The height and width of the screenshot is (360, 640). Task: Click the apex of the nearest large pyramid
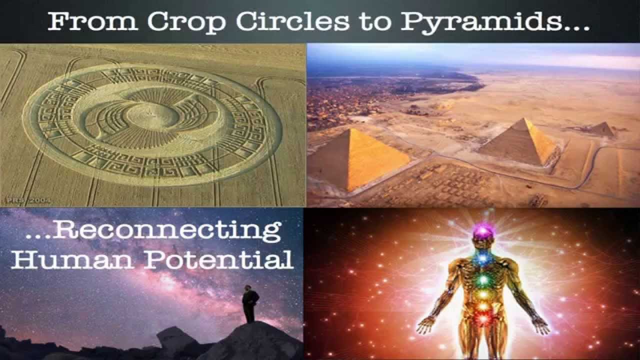click(350, 129)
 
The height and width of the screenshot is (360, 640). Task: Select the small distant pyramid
click(603, 129)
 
